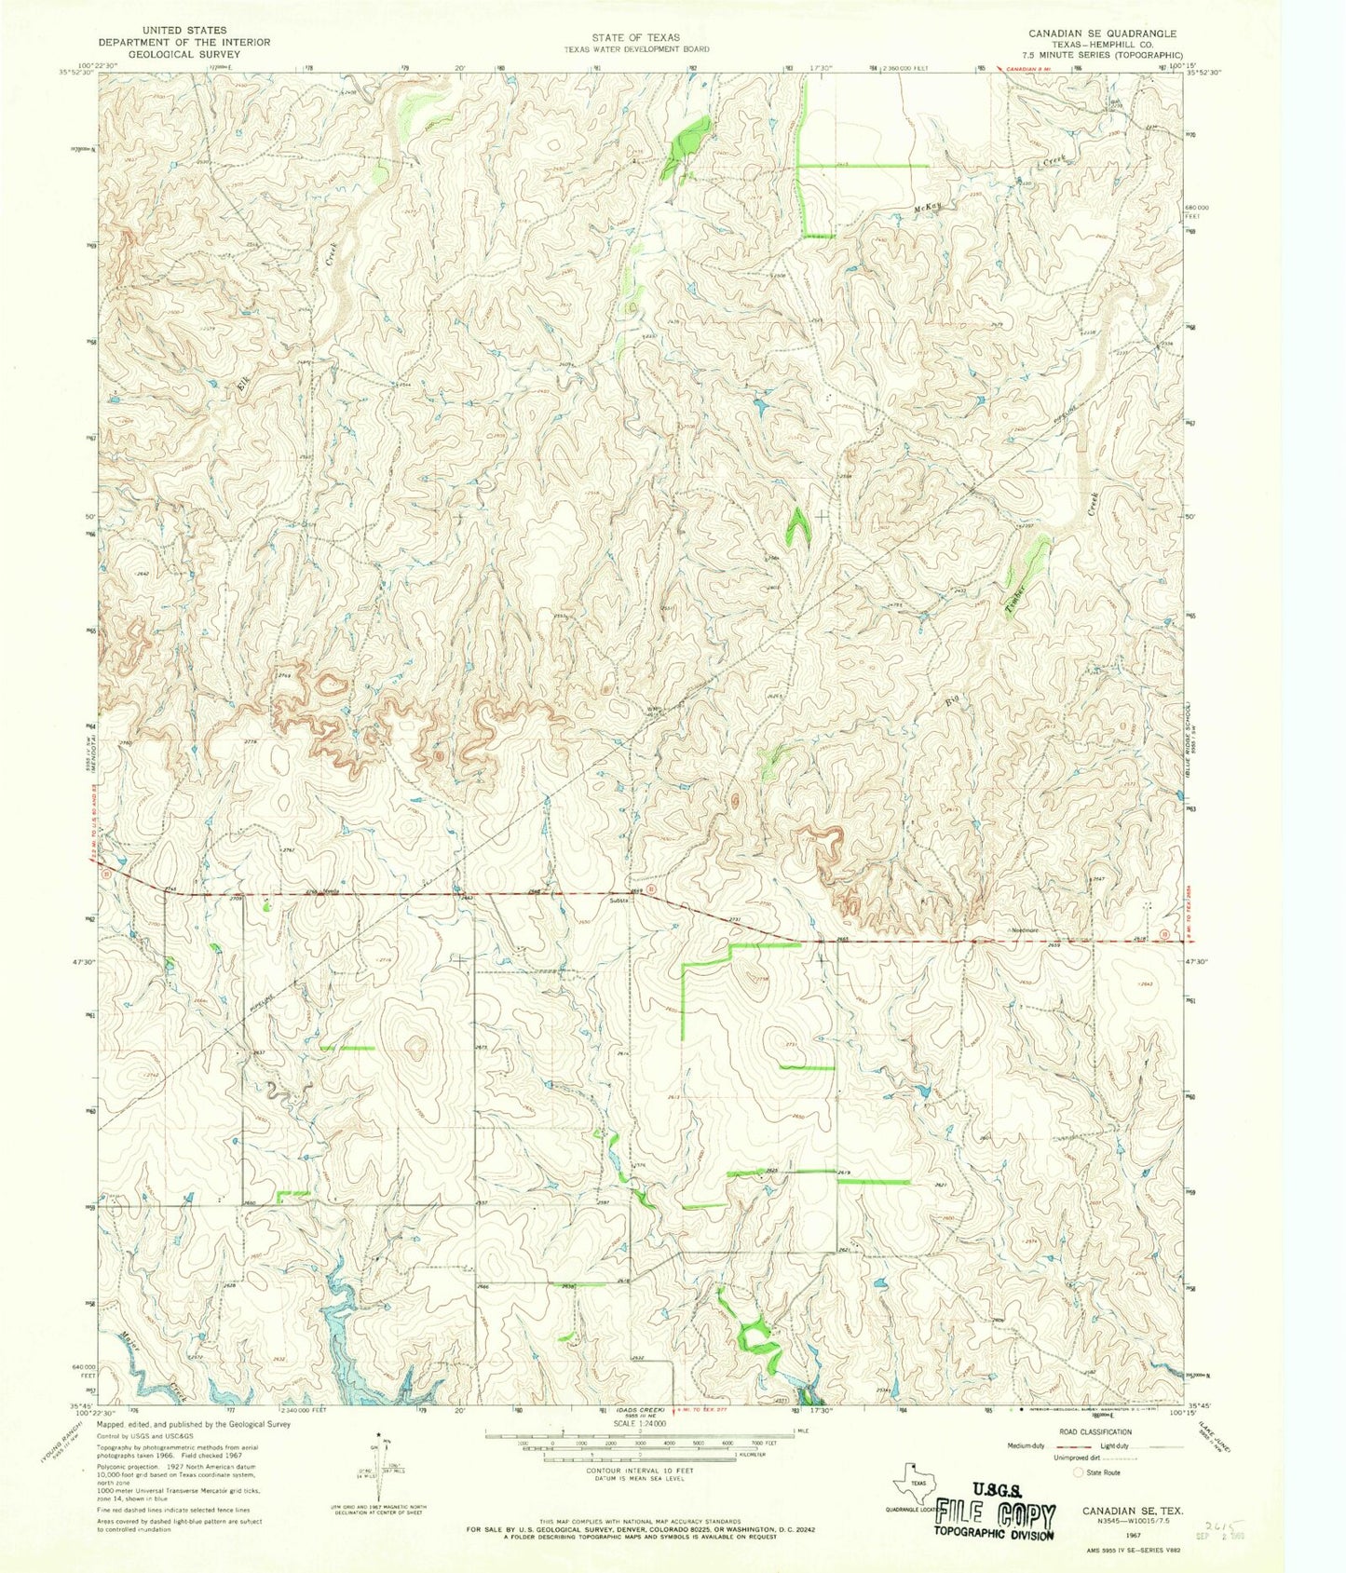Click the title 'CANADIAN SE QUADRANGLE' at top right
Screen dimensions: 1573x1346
pos(1102,34)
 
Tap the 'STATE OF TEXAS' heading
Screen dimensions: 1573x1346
pos(637,37)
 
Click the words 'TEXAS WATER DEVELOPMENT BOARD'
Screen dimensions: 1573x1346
pos(637,49)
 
